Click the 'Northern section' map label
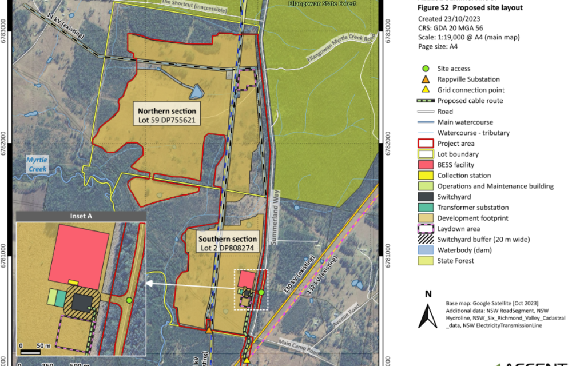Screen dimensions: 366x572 [x=166, y=110]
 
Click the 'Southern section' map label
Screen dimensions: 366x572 [x=227, y=239]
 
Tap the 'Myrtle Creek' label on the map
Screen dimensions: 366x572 [x=37, y=164]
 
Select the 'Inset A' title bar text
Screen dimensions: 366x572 [x=81, y=216]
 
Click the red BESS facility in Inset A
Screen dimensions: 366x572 [x=79, y=255]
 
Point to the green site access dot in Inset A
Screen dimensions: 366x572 [x=129, y=300]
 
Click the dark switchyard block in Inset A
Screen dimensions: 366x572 [x=83, y=302]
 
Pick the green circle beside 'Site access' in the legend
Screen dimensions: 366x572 [x=425, y=69]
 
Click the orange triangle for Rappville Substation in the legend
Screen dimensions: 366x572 [x=425, y=79]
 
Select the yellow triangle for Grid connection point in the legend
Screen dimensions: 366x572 [x=425, y=90]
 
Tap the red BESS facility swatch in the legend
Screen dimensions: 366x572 [x=425, y=165]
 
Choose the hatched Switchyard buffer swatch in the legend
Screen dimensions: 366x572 [x=425, y=240]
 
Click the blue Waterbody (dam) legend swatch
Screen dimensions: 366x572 [x=425, y=250]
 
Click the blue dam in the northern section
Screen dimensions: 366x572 [x=196, y=91]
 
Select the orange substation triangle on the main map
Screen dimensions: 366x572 [x=209, y=329]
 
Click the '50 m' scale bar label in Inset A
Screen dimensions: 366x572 [x=43, y=345]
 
